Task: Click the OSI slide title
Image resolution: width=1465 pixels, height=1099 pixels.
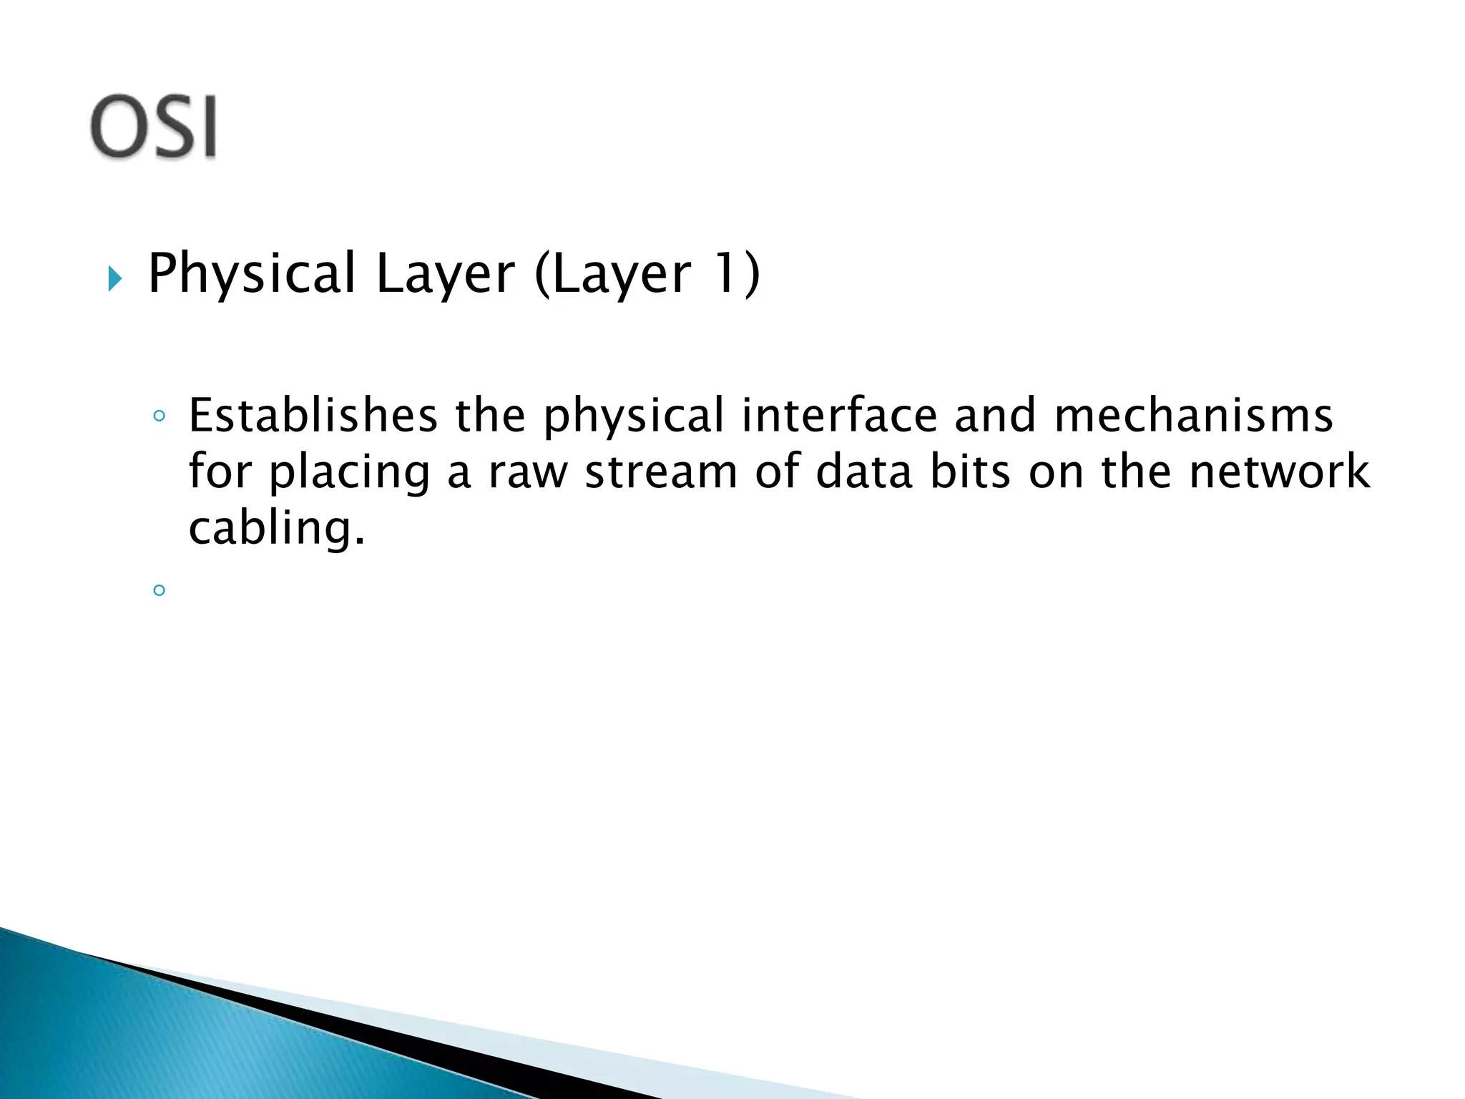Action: tap(153, 127)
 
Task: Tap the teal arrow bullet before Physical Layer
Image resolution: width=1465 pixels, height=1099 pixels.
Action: tap(114, 278)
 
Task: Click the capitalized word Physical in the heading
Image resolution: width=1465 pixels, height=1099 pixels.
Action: tap(251, 274)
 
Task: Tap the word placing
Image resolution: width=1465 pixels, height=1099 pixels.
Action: tap(349, 473)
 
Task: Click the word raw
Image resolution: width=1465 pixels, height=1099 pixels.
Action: tap(528, 473)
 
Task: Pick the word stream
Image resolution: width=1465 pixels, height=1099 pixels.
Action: tap(661, 473)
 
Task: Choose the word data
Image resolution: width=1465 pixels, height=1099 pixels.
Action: tap(863, 472)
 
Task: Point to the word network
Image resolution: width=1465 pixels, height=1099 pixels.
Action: tap(1279, 472)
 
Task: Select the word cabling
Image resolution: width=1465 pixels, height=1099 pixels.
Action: tap(276, 529)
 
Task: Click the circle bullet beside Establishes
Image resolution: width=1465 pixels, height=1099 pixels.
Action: tap(160, 416)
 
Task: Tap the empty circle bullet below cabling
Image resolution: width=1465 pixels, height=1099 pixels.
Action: tap(160, 590)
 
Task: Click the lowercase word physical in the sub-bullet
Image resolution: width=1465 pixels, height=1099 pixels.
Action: tap(633, 416)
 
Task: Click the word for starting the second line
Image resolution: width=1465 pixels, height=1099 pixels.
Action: tap(220, 472)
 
